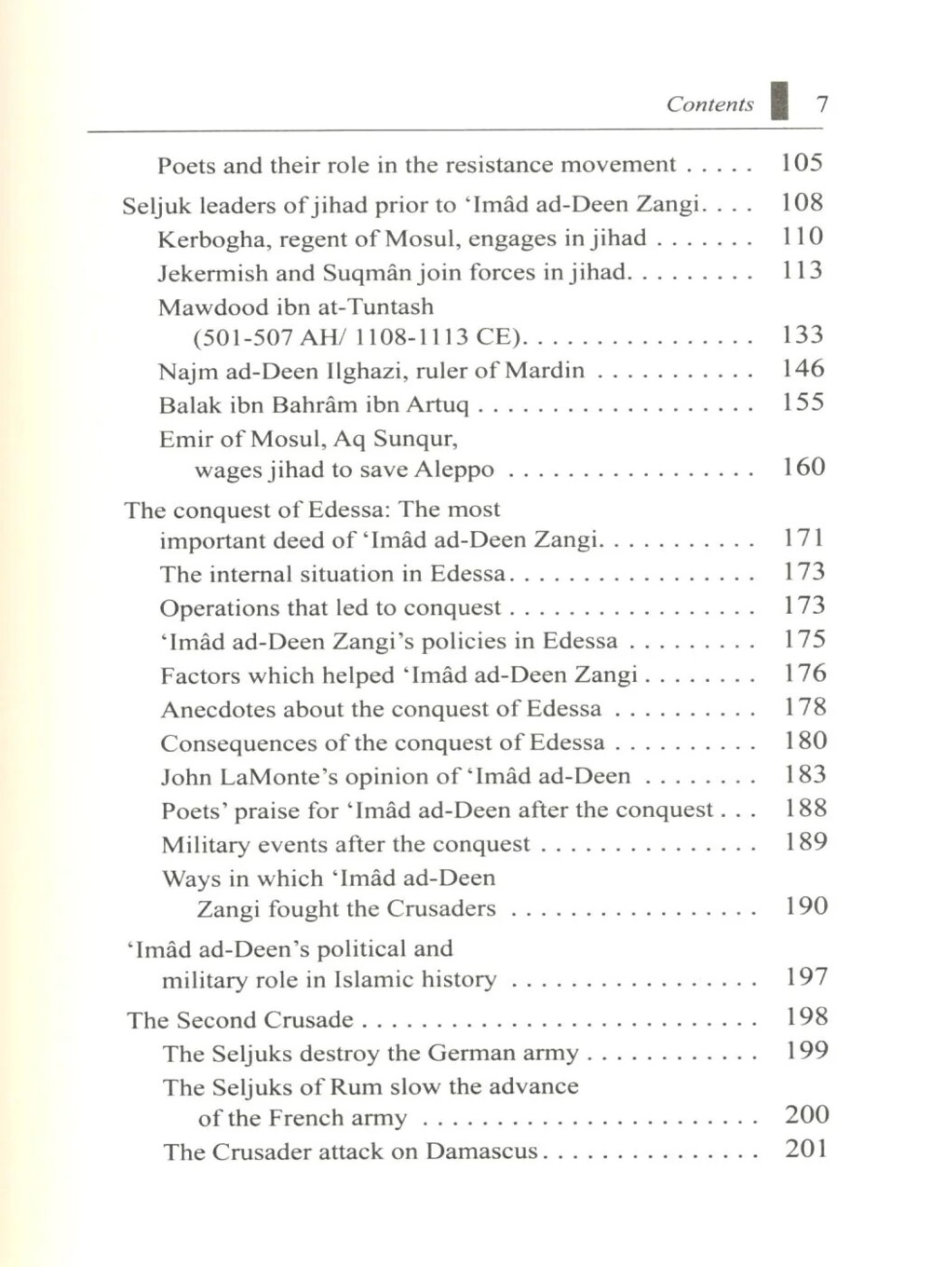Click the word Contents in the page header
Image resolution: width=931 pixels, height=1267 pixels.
coord(709,104)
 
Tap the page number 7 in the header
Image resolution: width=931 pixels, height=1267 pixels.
coord(821,103)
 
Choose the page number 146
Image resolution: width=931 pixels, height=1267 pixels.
coord(803,369)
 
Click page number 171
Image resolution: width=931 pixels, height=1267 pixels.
coord(803,538)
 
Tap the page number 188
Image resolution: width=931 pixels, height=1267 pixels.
coord(805,809)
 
